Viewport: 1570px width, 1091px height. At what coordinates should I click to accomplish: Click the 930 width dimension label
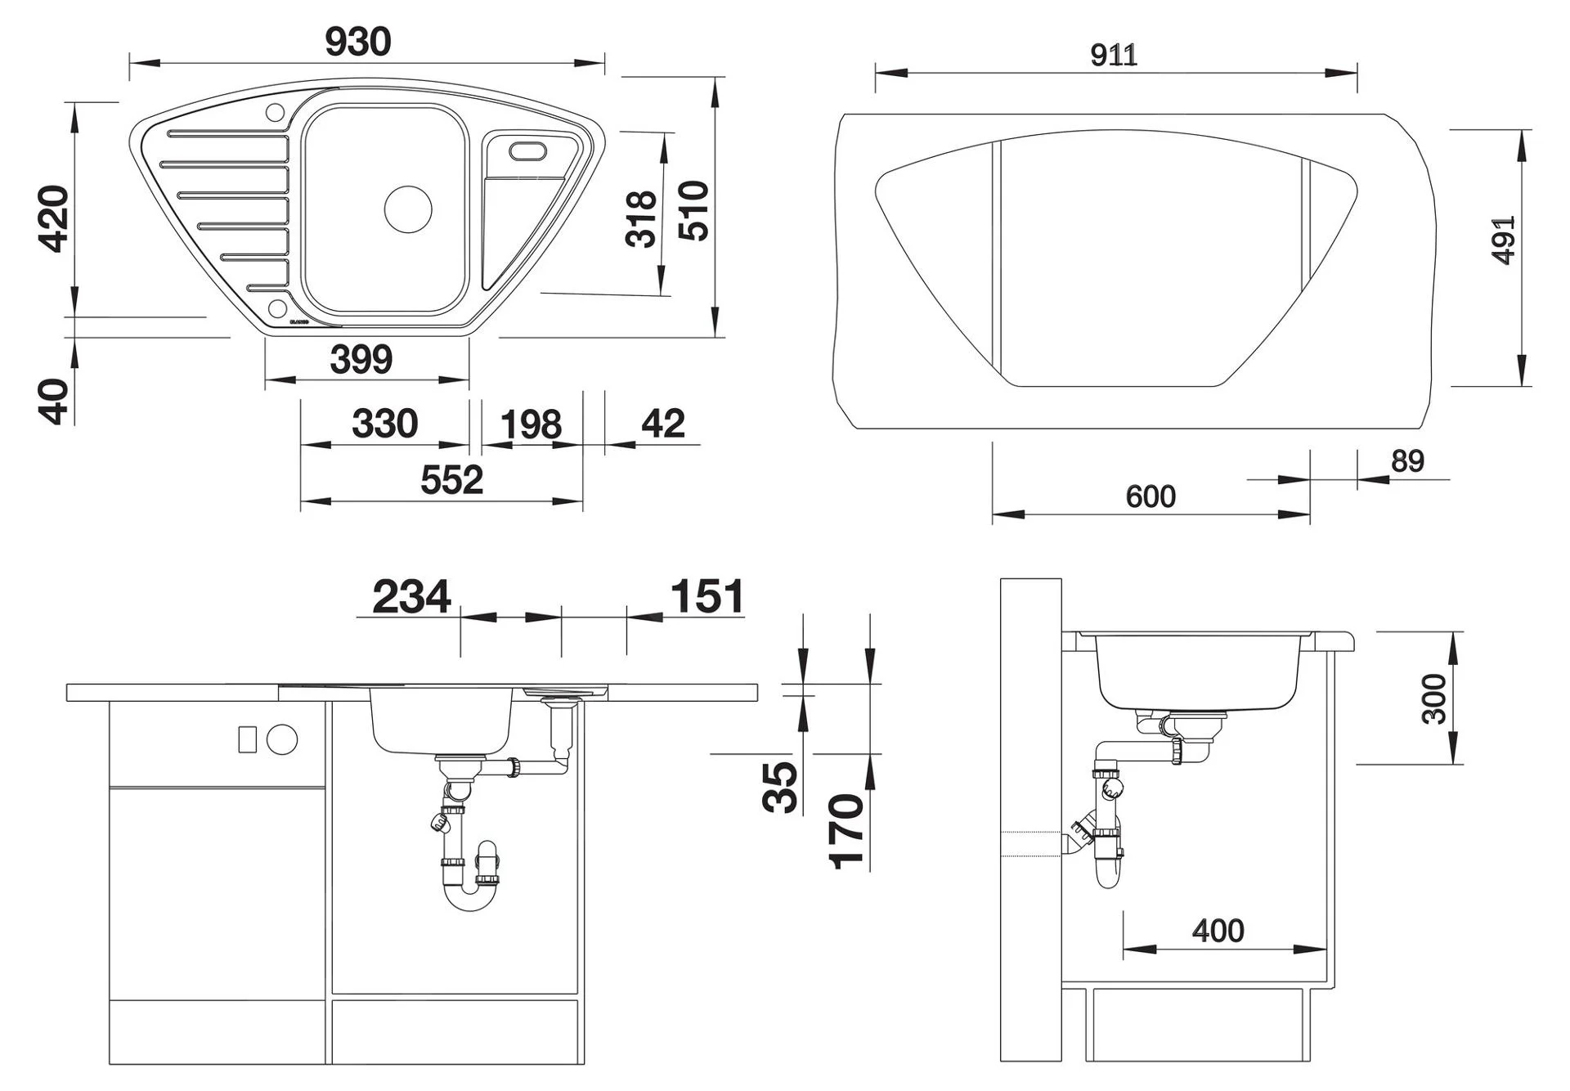(x=358, y=43)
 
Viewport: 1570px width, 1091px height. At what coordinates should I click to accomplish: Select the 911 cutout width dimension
(x=1114, y=55)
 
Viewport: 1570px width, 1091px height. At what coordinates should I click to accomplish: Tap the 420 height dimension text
(x=56, y=219)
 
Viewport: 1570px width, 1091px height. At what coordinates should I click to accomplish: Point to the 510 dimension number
(x=694, y=211)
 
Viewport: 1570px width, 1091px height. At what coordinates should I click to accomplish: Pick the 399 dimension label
(x=361, y=359)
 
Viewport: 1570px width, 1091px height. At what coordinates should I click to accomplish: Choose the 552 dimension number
(x=452, y=480)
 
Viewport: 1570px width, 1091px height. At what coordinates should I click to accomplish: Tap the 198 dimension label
(x=531, y=425)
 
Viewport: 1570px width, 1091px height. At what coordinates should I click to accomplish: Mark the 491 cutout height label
(x=1504, y=240)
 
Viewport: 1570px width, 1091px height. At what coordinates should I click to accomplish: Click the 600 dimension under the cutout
(x=1151, y=496)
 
